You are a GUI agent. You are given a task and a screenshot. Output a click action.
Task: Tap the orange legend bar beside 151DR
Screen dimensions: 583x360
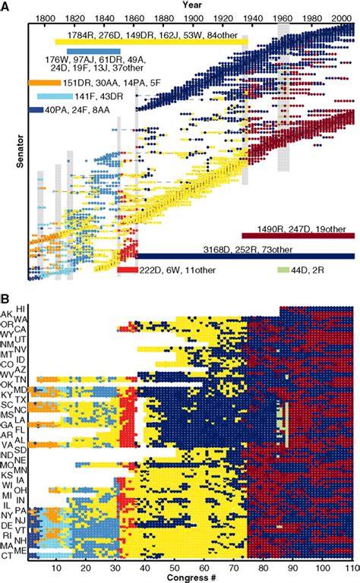43,82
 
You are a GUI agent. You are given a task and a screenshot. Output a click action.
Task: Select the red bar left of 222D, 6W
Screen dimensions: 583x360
127,269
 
